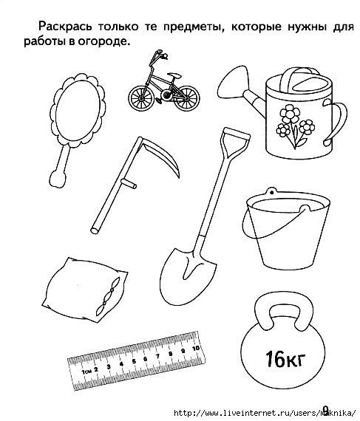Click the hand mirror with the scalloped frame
(77, 113)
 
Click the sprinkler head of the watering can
(233, 83)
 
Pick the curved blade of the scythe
(164, 157)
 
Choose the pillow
(85, 290)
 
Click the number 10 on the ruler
(196, 348)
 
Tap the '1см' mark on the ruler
(86, 372)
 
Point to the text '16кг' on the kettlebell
(285, 359)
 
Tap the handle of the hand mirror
(60, 168)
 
